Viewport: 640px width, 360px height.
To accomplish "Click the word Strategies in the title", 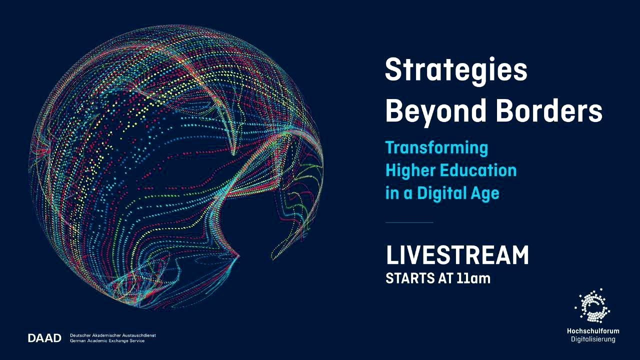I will pyautogui.click(x=456, y=70).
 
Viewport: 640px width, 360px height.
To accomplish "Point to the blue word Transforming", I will pyautogui.click(x=436, y=148).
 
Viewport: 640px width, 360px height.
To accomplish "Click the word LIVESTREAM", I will pyautogui.click(x=457, y=255).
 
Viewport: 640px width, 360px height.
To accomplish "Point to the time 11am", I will pyautogui.click(x=473, y=278).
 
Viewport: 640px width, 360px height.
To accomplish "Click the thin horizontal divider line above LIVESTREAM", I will pyautogui.click(x=409, y=222).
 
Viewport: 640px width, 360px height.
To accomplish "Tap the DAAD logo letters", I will pyautogui.click(x=44, y=338).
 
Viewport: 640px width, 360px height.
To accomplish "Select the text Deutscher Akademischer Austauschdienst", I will pyautogui.click(x=112, y=335).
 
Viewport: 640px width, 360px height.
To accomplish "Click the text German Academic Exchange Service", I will pyautogui.click(x=107, y=341).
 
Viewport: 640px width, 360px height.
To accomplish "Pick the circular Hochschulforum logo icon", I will pyautogui.click(x=592, y=306).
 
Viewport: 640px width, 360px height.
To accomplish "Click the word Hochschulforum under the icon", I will pyautogui.click(x=592, y=331).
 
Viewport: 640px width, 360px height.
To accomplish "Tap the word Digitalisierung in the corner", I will pyautogui.click(x=593, y=339).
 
